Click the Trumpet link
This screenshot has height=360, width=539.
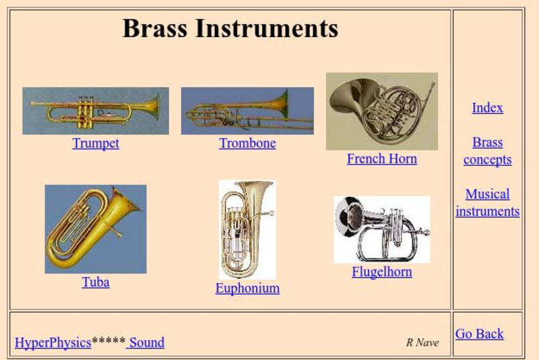coord(96,143)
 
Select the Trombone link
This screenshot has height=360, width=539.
coord(247,143)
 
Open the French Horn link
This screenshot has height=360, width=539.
coord(381,158)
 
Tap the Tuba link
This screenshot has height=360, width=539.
coord(96,282)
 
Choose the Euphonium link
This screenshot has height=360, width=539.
coord(247,288)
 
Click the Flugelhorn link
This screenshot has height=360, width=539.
coord(381,272)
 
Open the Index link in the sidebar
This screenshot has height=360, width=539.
coord(487,108)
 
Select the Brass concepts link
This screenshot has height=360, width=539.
coord(487,151)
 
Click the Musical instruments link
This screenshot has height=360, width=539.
coord(487,202)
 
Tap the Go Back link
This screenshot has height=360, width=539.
coord(479,334)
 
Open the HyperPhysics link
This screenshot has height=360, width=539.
coord(53,342)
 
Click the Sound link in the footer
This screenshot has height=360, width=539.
coord(146,342)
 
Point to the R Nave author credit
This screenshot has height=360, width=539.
coord(422,342)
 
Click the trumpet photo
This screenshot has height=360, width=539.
coord(96,111)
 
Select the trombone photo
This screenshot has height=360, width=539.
coord(247,111)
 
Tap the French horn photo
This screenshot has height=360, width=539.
coord(381,111)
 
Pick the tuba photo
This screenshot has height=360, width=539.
coord(96,229)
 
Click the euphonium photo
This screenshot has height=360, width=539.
coord(247,229)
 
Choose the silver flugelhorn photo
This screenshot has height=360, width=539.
coord(381,229)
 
